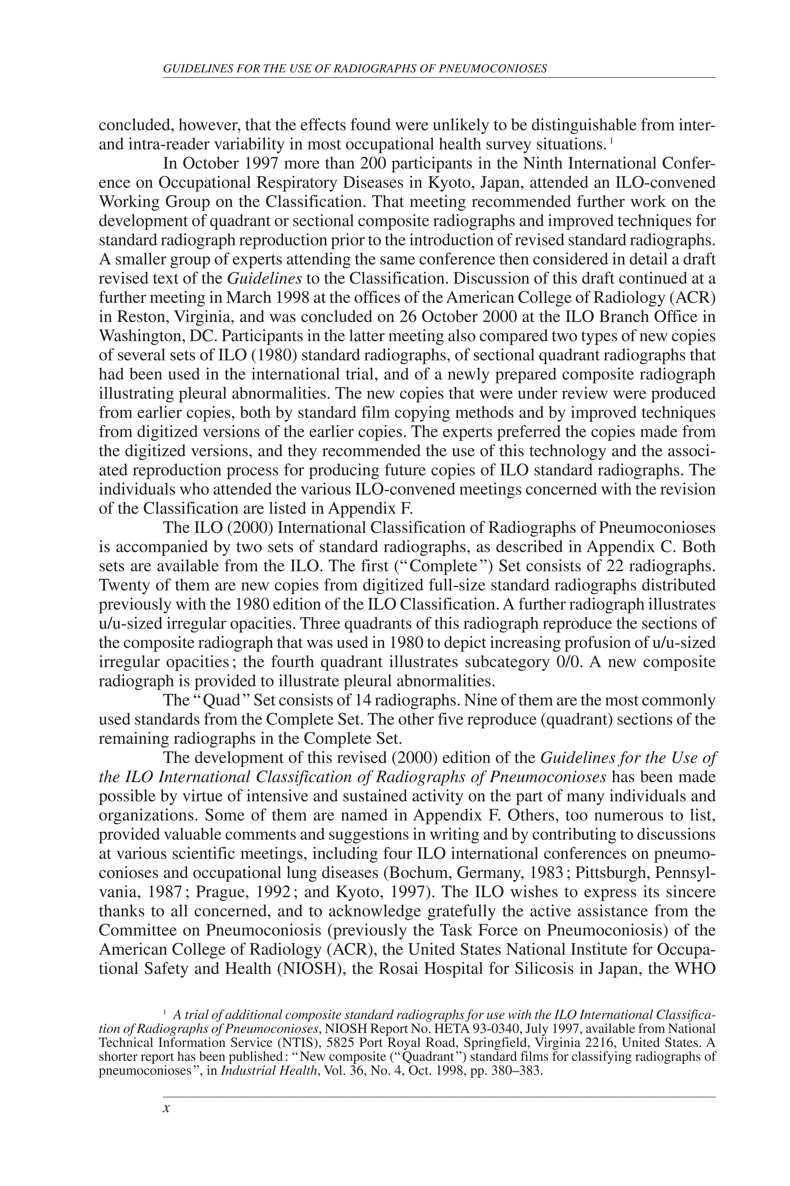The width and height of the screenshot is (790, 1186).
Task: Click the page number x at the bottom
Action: tap(167, 1108)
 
